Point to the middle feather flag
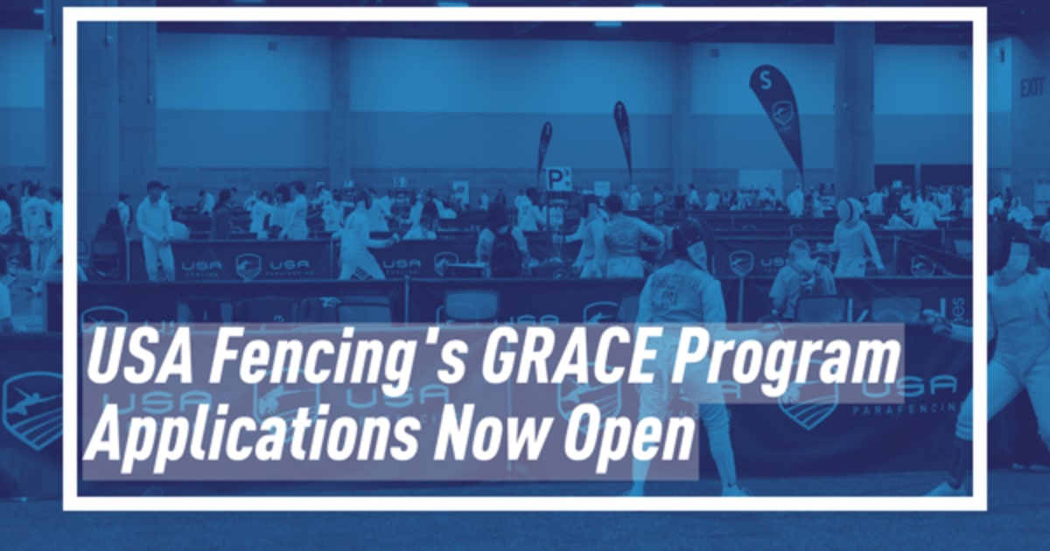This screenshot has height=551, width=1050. (623, 131)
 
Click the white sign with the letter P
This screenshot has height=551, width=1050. (558, 179)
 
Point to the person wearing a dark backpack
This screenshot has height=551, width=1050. (502, 249)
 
